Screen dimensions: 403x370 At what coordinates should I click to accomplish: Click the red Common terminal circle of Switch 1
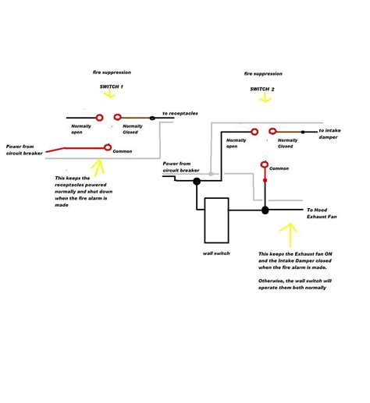108,146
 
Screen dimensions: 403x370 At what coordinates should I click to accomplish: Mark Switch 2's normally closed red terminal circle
272,132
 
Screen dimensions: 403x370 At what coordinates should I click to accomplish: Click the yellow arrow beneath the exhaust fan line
289,232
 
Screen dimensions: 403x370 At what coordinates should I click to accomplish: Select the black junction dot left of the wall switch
197,182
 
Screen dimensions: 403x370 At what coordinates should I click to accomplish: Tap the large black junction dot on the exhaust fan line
265,210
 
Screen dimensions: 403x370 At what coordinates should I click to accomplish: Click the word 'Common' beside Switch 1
123,150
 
